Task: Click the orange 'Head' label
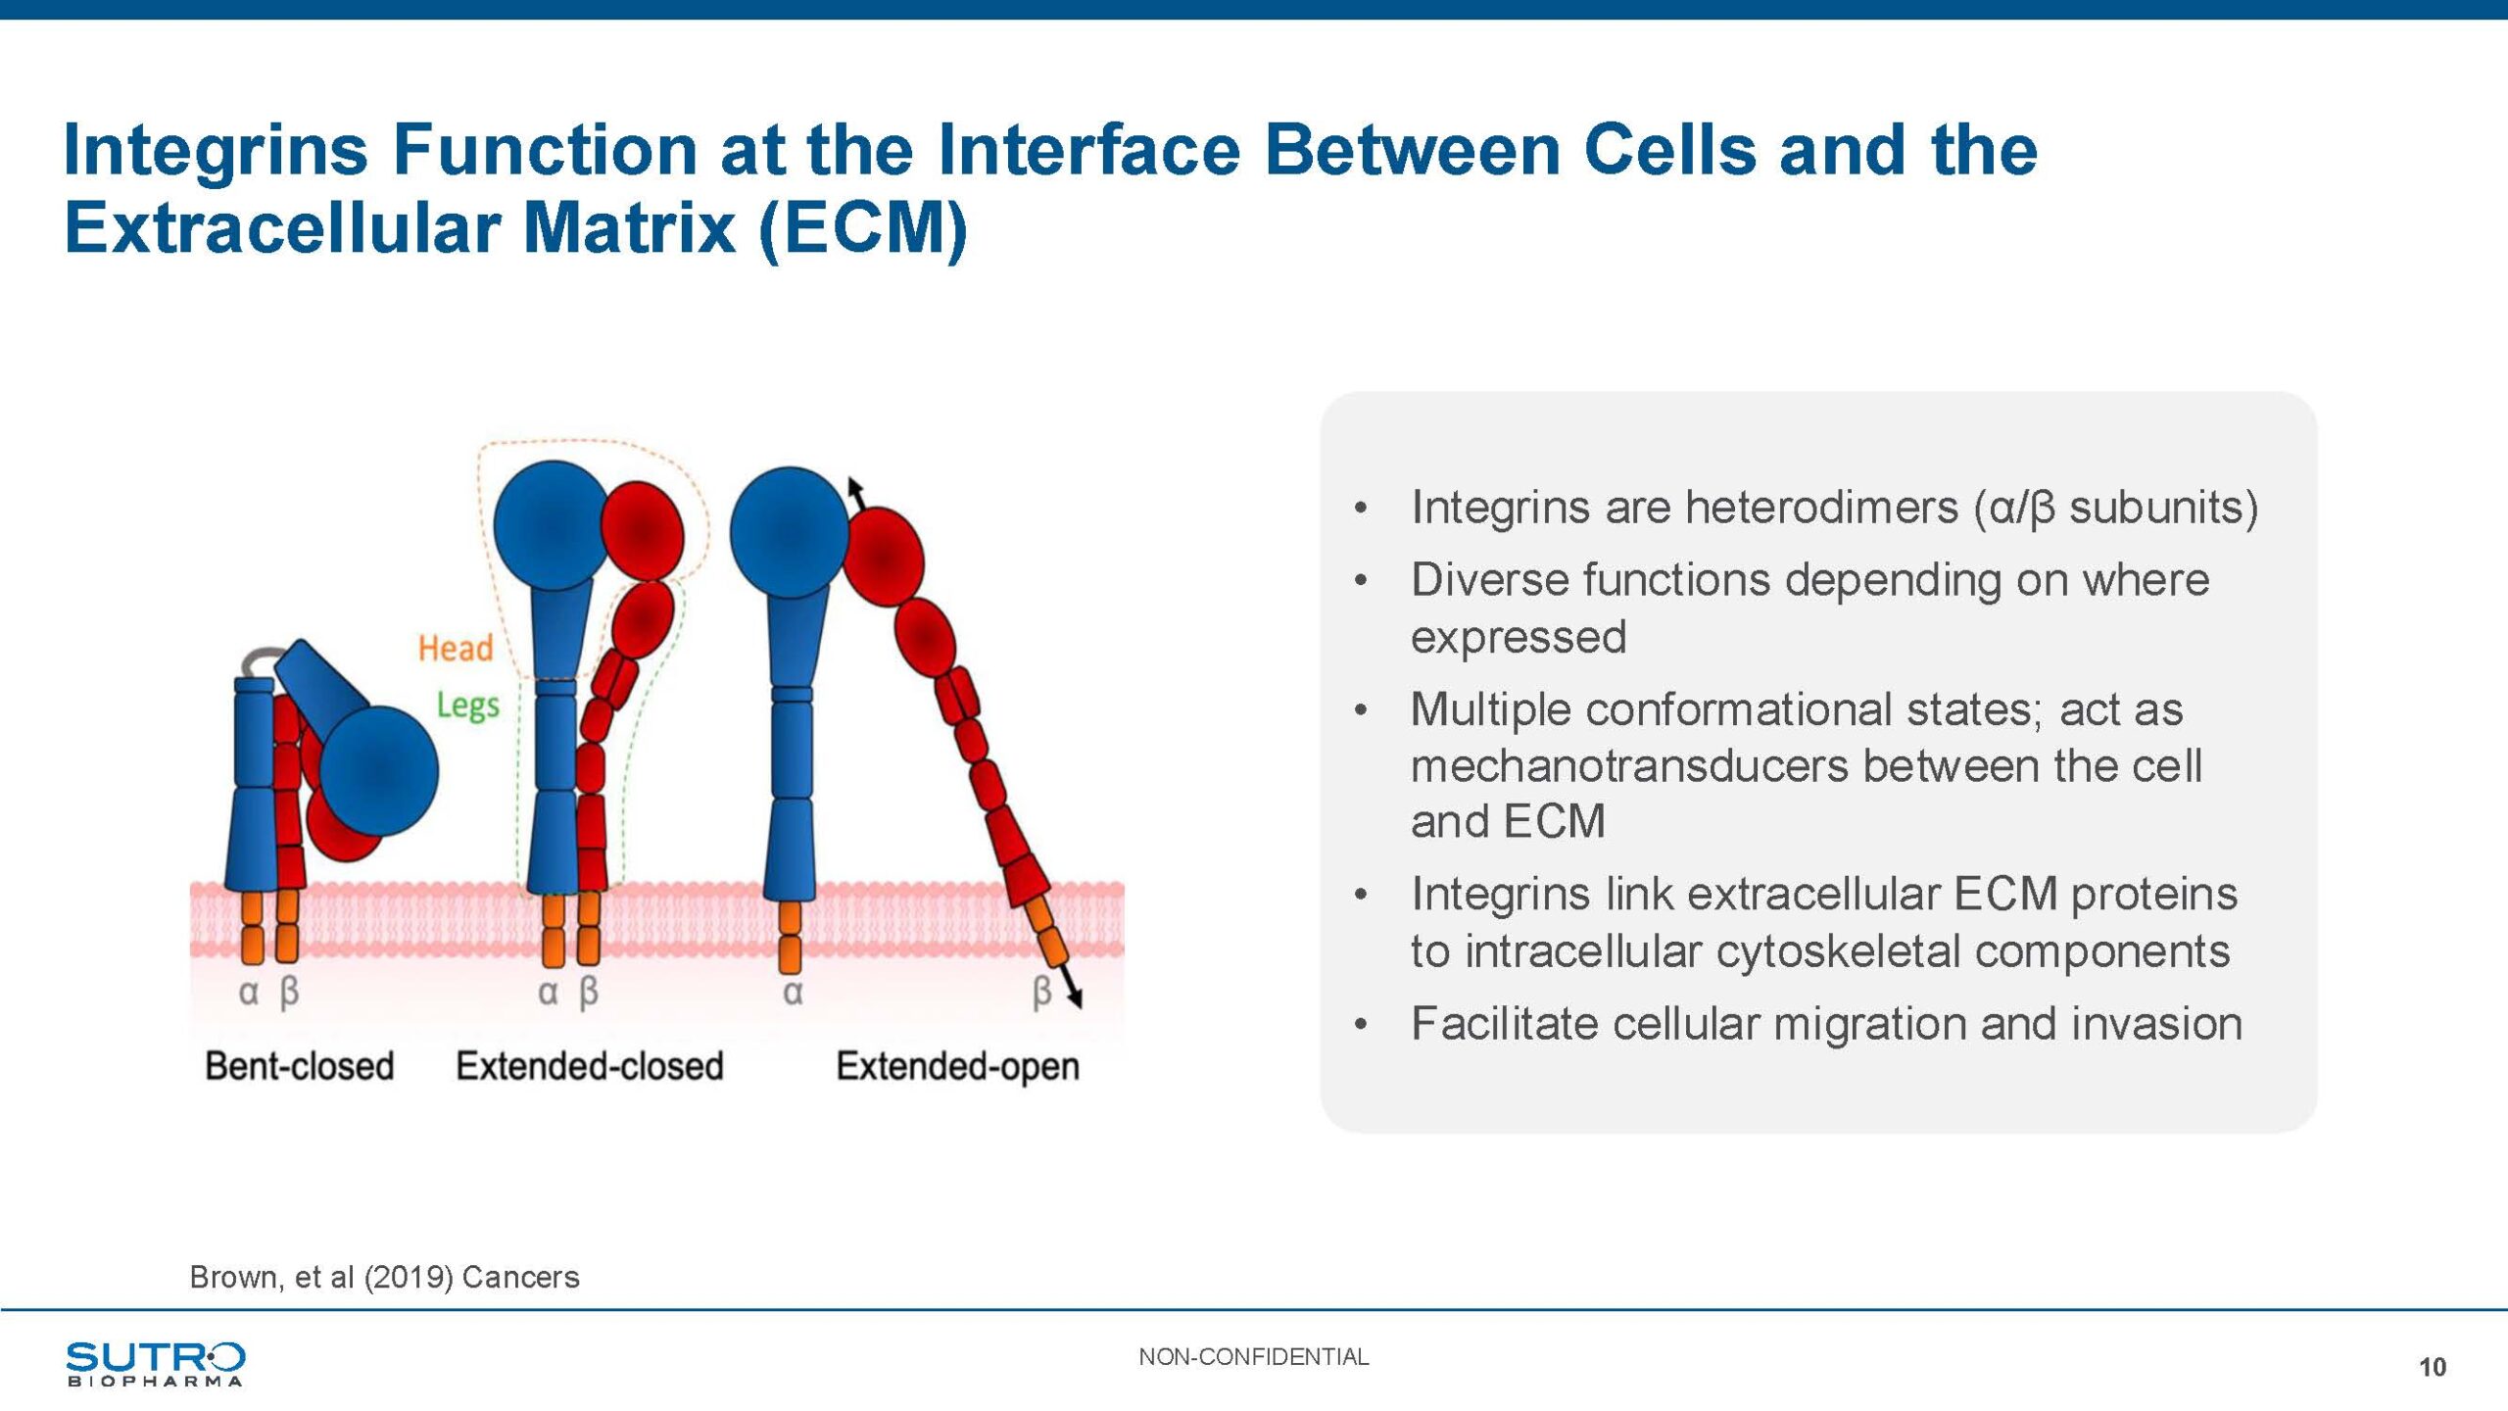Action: point(456,649)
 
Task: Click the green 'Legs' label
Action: point(468,705)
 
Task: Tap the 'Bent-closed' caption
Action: point(300,1066)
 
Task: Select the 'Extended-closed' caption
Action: point(590,1066)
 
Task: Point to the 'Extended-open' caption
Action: point(958,1067)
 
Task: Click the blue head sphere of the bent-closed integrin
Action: point(379,771)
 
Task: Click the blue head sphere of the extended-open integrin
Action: point(790,533)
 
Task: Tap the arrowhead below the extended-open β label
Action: point(1075,997)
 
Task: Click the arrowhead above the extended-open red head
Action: point(854,487)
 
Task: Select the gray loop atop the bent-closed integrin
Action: point(261,660)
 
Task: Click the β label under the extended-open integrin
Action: point(1042,992)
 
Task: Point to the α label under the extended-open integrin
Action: point(793,994)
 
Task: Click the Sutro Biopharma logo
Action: point(156,1364)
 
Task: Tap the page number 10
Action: point(2432,1368)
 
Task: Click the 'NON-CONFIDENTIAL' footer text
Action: point(1253,1357)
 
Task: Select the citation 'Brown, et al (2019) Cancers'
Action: point(384,1278)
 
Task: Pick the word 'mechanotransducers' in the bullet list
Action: point(1630,766)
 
